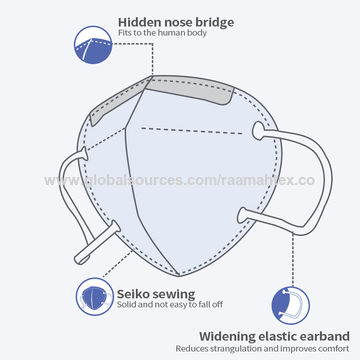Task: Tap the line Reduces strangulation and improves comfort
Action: tap(263, 350)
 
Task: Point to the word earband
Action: tap(320, 335)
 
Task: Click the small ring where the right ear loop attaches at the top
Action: tap(260, 130)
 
